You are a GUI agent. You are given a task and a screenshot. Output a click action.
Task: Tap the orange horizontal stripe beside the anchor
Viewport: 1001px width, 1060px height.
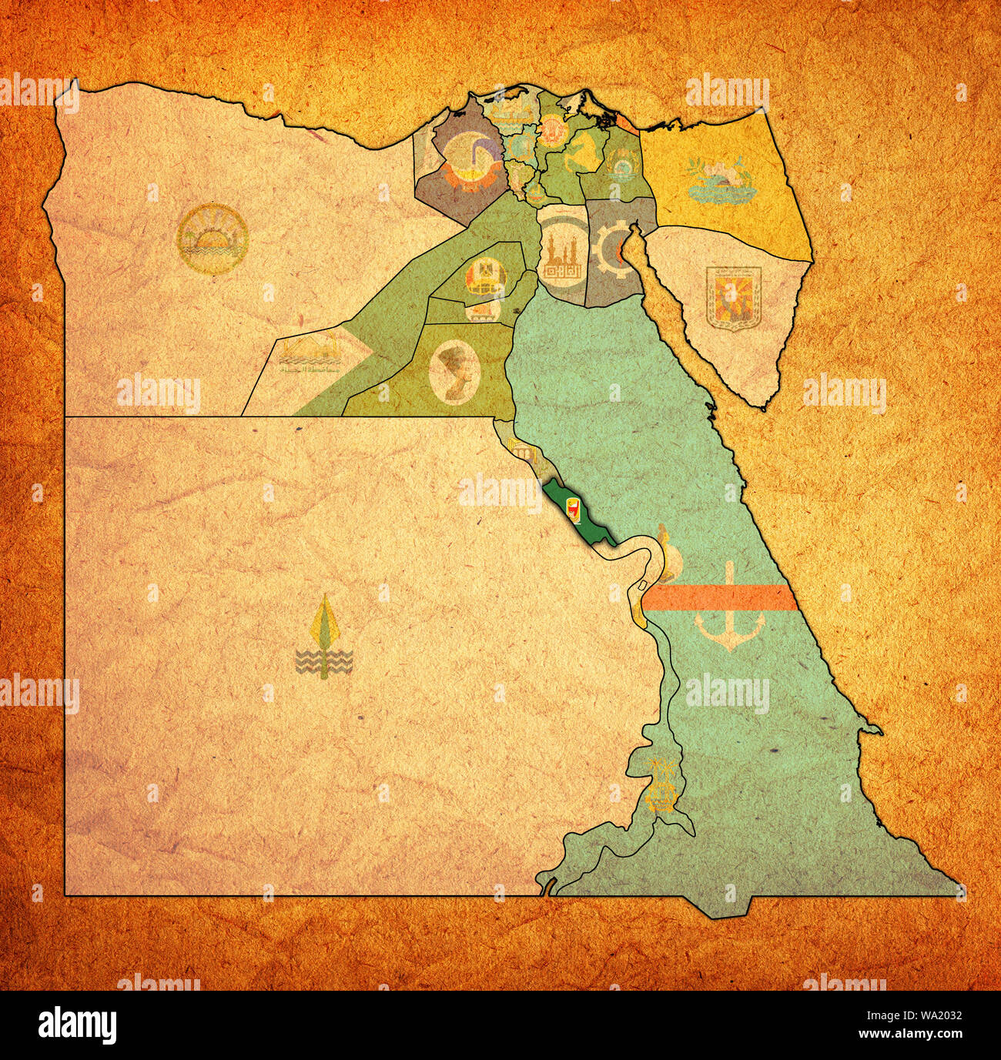(716, 597)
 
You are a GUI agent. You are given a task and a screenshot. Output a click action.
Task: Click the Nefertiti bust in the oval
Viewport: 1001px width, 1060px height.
(454, 371)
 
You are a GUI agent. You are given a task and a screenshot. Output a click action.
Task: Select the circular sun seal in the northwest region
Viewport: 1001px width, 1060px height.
(212, 239)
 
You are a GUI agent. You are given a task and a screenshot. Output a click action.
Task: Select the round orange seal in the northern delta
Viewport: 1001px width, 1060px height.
(552, 133)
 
